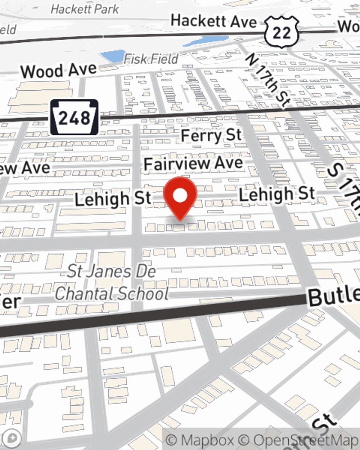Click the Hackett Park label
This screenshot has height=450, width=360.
(x=85, y=9)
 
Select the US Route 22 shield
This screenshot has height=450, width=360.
(x=282, y=32)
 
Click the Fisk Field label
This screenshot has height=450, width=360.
(x=151, y=59)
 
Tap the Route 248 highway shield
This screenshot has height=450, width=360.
(x=74, y=117)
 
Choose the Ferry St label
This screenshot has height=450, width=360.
(x=211, y=135)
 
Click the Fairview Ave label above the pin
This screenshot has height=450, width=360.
(x=194, y=164)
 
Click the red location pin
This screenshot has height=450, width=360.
(x=180, y=197)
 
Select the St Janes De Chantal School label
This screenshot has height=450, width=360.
(x=112, y=282)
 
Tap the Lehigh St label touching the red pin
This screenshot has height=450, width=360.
(x=113, y=199)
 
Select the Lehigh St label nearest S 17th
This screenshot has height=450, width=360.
(x=277, y=194)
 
